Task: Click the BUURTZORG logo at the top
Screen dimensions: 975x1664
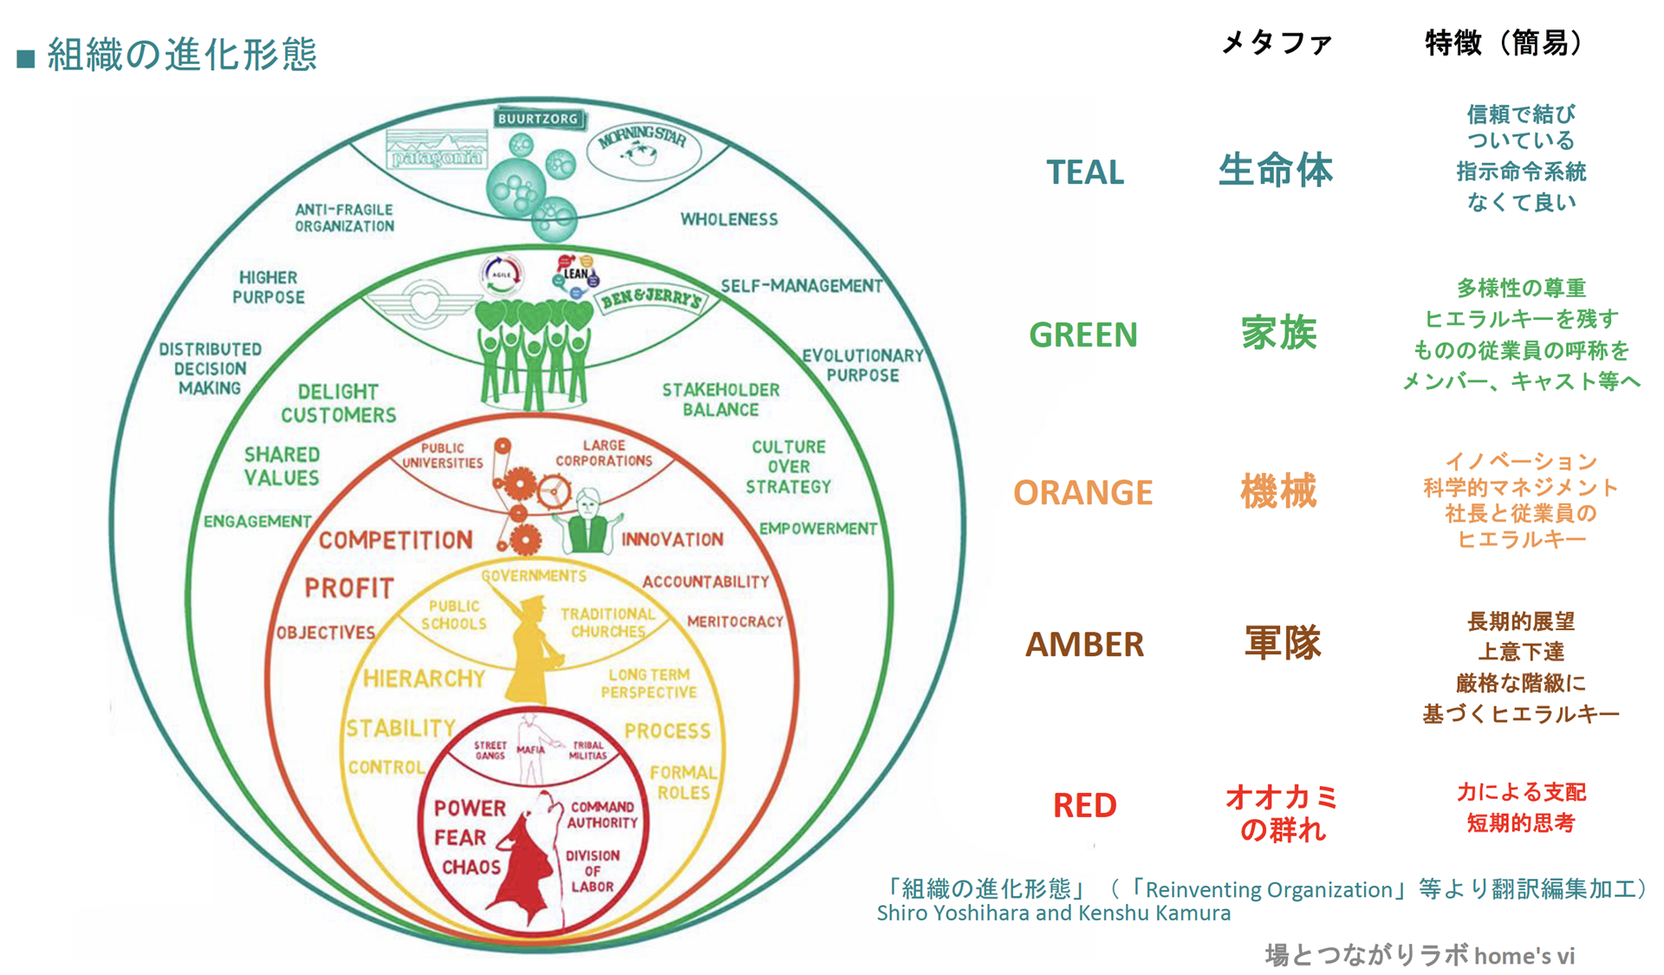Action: (537, 119)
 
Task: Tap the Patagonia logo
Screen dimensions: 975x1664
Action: (436, 151)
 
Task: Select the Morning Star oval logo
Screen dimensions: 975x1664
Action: (643, 148)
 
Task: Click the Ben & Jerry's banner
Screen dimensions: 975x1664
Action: (651, 299)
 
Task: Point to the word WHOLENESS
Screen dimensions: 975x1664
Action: (729, 219)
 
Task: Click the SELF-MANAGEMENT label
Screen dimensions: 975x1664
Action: (802, 286)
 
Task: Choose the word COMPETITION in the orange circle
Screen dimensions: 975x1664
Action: (396, 540)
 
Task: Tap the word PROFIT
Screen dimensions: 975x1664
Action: (349, 588)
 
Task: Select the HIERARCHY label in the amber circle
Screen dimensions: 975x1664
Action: (424, 679)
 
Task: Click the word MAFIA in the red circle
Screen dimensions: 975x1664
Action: (530, 750)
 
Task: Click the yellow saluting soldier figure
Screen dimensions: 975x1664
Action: (530, 650)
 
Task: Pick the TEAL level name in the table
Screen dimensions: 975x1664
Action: (1084, 172)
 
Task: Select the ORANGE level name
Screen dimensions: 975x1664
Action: (1082, 492)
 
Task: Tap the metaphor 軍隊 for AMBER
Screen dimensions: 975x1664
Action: (1282, 643)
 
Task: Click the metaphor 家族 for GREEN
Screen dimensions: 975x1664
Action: (1278, 334)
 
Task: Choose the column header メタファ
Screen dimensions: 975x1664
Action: (1276, 42)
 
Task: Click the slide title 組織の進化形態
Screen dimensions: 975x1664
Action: (182, 55)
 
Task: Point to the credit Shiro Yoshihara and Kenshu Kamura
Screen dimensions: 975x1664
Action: (1053, 913)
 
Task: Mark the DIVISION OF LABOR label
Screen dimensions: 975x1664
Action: (592, 871)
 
